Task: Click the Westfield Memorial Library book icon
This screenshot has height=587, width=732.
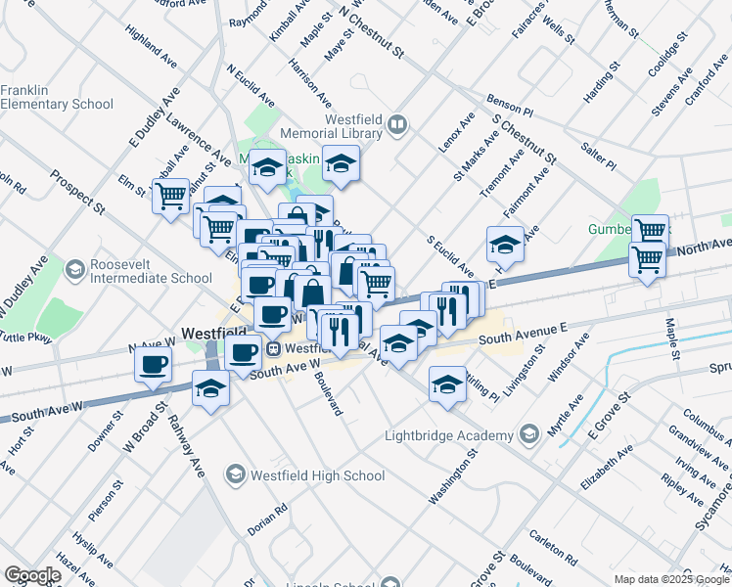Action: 396,124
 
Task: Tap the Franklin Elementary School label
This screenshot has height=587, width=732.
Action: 57,97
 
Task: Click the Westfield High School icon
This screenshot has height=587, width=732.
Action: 235,475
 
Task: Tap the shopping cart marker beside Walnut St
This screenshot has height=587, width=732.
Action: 171,196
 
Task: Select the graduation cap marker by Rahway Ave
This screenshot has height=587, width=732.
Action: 209,388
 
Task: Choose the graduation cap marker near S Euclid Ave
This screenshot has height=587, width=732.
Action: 505,243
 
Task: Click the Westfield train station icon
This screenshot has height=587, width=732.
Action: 276,347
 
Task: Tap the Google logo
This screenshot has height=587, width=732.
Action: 31,575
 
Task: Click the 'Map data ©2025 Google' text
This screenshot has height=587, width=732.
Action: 670,579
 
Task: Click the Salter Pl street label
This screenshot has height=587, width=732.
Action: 598,155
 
